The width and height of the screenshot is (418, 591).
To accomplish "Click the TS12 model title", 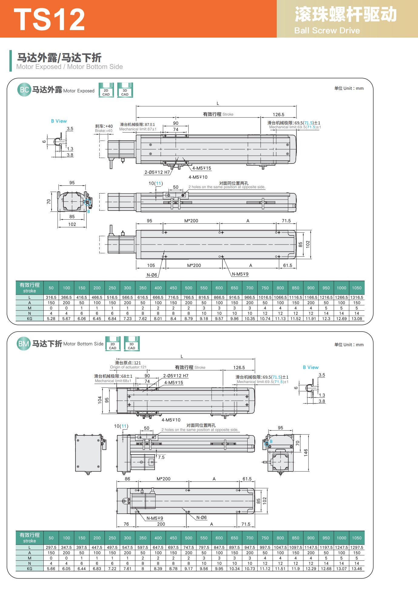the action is (49, 19).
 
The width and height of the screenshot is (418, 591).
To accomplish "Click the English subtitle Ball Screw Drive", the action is (327, 31).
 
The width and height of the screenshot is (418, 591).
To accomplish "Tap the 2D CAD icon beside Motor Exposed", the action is (106, 90).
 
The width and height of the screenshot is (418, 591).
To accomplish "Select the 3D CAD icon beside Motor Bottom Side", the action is (132, 344).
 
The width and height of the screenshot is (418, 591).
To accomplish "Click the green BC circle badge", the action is (24, 90).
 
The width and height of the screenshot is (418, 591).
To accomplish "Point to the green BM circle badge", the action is (24, 343).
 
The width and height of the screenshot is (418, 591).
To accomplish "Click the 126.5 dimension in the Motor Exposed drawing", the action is (279, 115).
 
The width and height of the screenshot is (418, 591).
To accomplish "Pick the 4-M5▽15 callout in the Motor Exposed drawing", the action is (202, 168).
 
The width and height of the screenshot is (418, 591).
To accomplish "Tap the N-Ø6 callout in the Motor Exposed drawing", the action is (152, 275).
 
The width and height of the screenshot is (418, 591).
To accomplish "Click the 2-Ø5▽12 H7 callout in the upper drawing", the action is (157, 172).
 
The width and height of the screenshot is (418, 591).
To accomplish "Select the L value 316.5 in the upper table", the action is (51, 298).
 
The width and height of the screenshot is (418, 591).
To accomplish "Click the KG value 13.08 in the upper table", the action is (357, 319).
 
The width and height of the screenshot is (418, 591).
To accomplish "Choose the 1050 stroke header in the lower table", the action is (357, 538).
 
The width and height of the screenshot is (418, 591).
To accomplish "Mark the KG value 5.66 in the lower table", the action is (51, 569).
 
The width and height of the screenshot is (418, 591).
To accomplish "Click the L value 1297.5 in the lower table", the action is (357, 548).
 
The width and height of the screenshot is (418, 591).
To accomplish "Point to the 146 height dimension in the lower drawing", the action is (306, 453).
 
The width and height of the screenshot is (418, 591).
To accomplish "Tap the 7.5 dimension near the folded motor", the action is (161, 457).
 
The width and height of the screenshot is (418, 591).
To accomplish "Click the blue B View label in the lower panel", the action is (311, 367).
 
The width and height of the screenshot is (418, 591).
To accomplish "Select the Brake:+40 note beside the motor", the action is (104, 131).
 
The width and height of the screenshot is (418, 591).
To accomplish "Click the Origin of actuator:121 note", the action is (128, 367).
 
